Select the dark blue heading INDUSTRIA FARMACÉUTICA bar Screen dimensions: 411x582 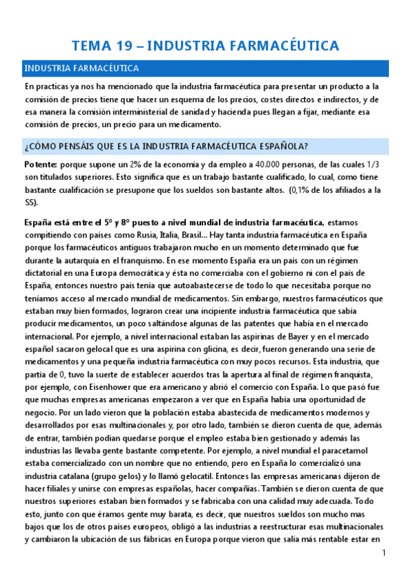point(205,69)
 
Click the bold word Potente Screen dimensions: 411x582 point(40,165)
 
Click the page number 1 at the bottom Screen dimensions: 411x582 point(384,553)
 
